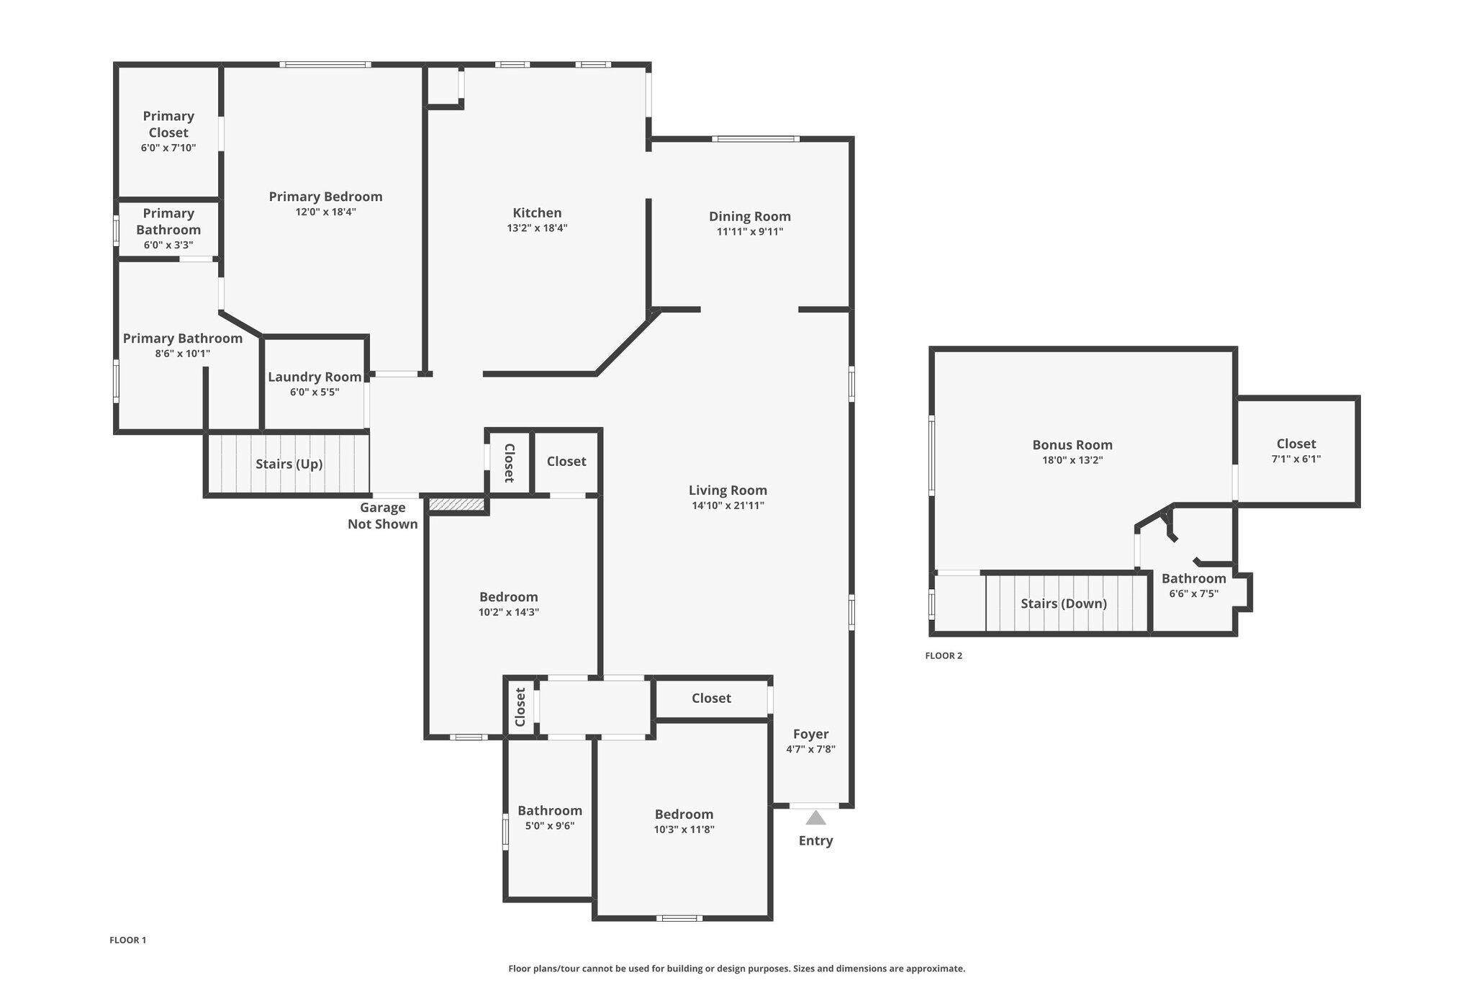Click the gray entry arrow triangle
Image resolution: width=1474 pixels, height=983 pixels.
815,818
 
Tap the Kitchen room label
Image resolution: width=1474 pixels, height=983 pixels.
537,212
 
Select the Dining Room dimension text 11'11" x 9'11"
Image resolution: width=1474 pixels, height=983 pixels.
749,232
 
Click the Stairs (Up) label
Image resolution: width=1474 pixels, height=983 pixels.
289,464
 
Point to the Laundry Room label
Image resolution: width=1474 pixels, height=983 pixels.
315,377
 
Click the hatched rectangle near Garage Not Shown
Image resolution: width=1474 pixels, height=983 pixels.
456,504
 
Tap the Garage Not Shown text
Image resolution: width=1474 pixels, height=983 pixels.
382,516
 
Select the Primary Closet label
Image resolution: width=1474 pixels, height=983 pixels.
168,124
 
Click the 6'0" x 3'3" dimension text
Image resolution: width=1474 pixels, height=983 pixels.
168,246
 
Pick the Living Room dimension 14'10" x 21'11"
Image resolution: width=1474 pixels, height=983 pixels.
728,506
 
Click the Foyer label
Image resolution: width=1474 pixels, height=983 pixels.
810,734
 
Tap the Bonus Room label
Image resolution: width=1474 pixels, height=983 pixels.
1072,445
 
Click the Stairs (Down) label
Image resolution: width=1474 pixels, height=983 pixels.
1063,603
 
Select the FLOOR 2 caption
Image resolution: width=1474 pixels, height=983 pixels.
943,656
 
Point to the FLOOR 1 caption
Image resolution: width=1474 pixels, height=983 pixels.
127,940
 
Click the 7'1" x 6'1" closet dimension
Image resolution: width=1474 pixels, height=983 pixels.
1296,459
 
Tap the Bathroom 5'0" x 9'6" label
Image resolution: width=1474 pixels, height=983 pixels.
549,811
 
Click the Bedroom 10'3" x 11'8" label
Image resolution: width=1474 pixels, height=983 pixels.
684,814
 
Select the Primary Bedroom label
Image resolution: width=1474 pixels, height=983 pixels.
325,197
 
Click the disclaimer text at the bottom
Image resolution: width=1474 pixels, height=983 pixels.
736,969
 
